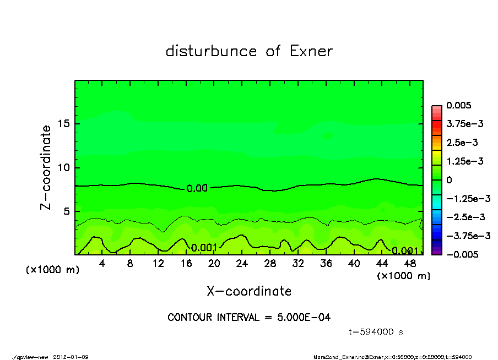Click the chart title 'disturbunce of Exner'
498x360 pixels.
pos(249,52)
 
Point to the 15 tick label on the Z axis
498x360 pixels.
pos(63,123)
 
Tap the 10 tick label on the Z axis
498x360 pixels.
pos(63,167)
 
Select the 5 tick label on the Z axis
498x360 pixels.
pos(66,211)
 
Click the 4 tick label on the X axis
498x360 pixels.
pos(102,264)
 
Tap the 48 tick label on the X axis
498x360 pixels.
pos(409,264)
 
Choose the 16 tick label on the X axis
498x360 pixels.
pos(186,264)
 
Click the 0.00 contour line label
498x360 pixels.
pos(197,188)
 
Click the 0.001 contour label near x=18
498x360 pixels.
pos(204,247)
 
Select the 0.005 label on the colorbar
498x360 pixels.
pos(458,105)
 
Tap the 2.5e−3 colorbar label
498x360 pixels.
pos(462,143)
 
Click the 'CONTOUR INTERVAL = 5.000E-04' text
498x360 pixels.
pos(249,318)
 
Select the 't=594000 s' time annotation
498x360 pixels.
pos(376,332)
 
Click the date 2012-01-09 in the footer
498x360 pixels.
pos(71,357)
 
